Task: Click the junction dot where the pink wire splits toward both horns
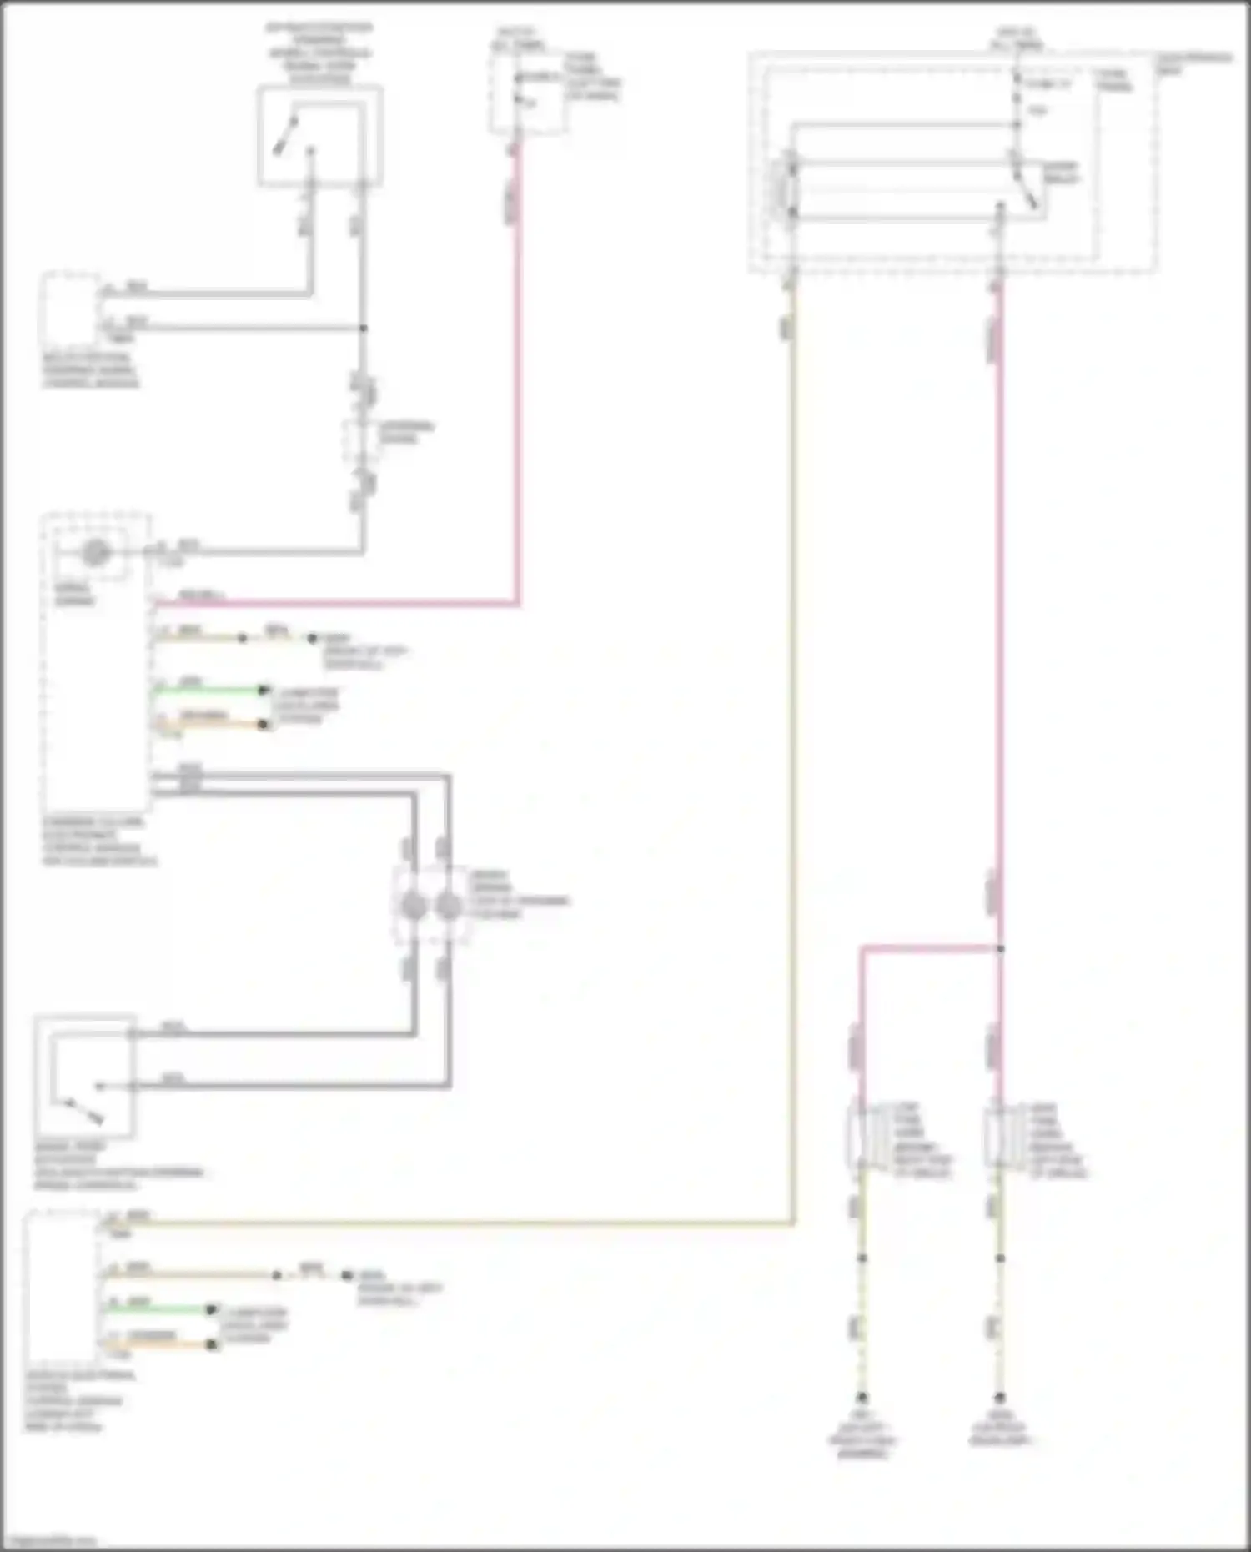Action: pos(1000,948)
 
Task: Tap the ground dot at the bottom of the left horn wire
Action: pos(862,1397)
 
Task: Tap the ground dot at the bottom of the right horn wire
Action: pos(999,1397)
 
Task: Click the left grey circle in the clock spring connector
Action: pos(414,907)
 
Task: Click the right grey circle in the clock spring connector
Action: pos(449,907)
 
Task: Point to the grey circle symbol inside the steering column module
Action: pos(95,552)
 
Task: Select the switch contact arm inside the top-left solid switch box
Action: pos(288,135)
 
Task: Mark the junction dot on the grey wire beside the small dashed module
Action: pos(363,328)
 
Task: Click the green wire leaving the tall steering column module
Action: pos(208,691)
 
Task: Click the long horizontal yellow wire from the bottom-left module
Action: pos(459,1223)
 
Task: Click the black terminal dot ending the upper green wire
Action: pos(264,691)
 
